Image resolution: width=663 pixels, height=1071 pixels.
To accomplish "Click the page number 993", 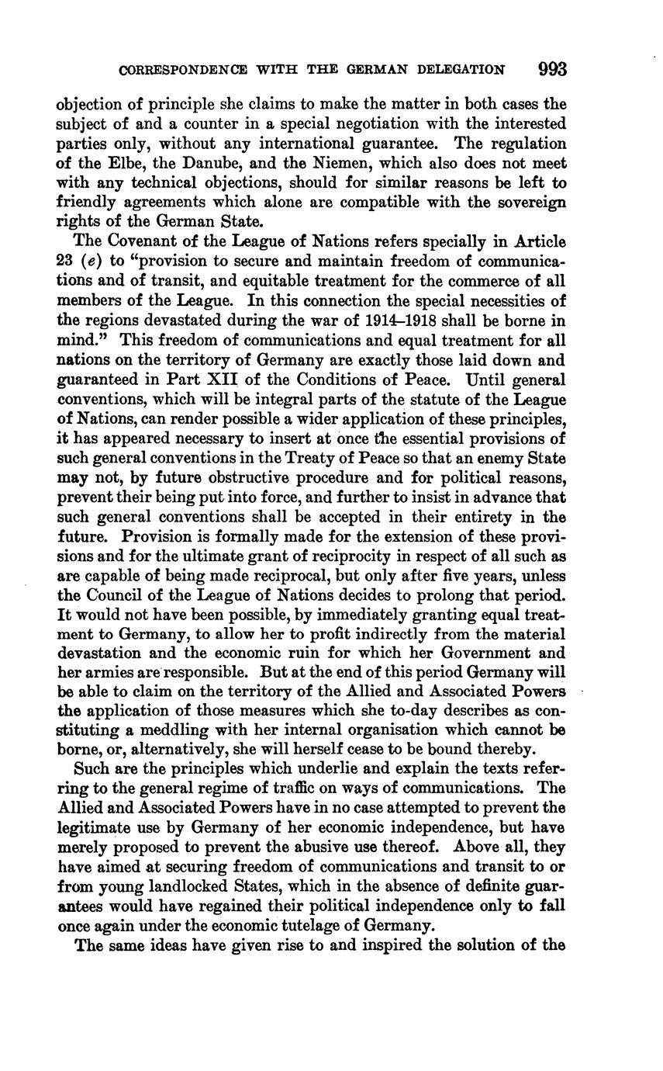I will [x=552, y=69].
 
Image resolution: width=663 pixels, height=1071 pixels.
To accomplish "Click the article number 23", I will [x=65, y=262].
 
